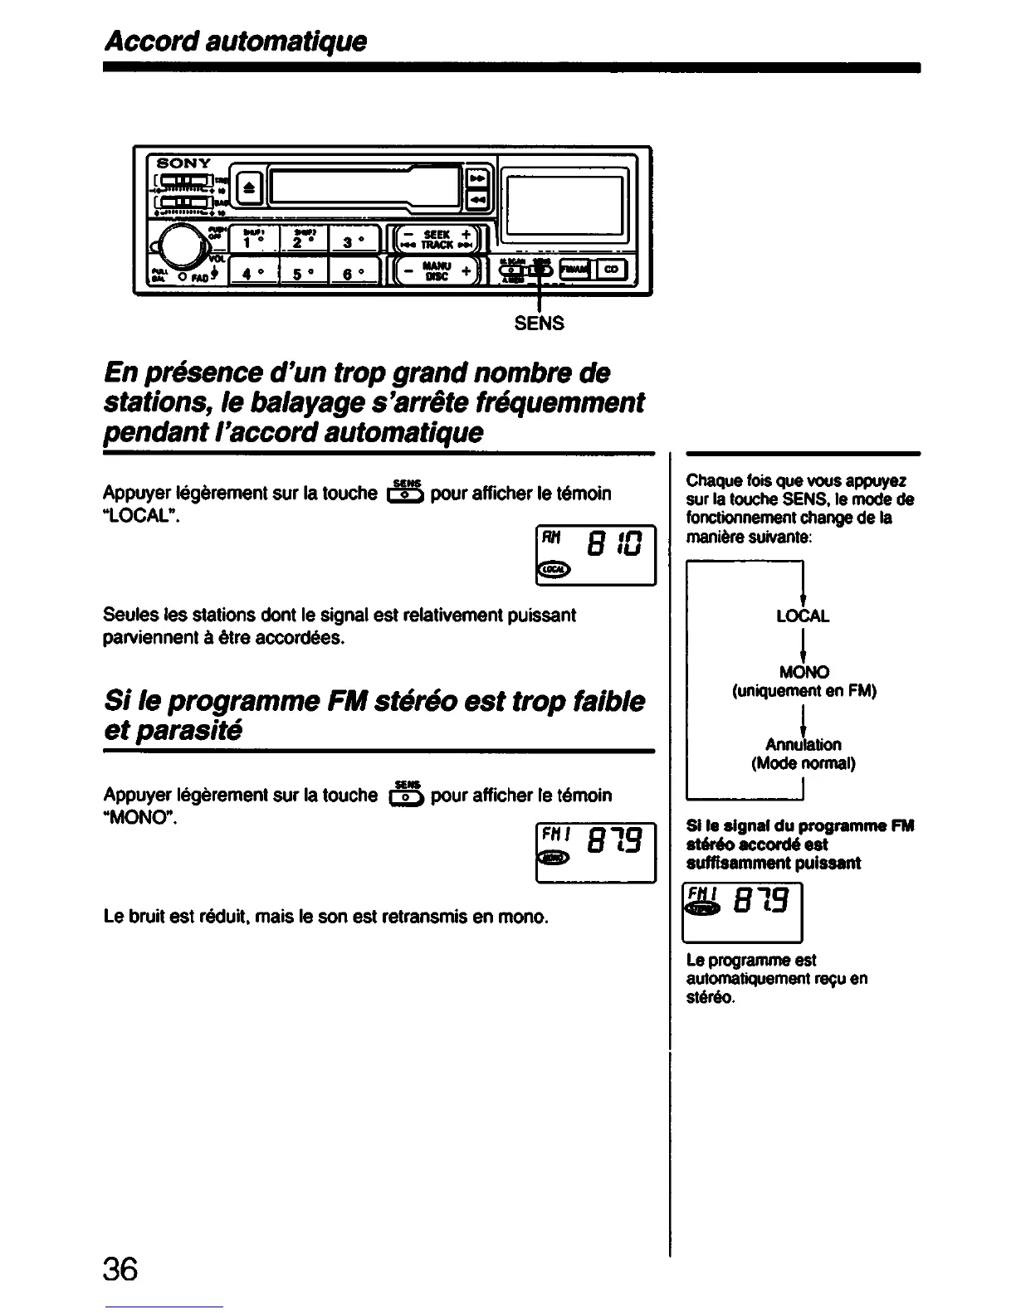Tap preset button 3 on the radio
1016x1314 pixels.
tap(354, 241)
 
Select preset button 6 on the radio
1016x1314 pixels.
tap(354, 272)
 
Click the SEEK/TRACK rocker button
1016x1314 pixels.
tap(436, 240)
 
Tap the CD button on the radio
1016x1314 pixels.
tap(613, 269)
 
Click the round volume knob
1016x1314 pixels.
tap(176, 246)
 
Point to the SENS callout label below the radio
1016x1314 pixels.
tap(539, 324)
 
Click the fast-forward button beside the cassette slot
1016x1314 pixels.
tap(477, 177)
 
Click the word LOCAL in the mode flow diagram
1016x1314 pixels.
tap(802, 616)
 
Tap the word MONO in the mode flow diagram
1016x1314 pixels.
tap(803, 672)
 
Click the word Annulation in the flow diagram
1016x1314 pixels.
tap(803, 744)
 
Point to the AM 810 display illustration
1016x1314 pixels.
tap(596, 555)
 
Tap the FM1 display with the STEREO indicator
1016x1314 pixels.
tap(741, 912)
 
